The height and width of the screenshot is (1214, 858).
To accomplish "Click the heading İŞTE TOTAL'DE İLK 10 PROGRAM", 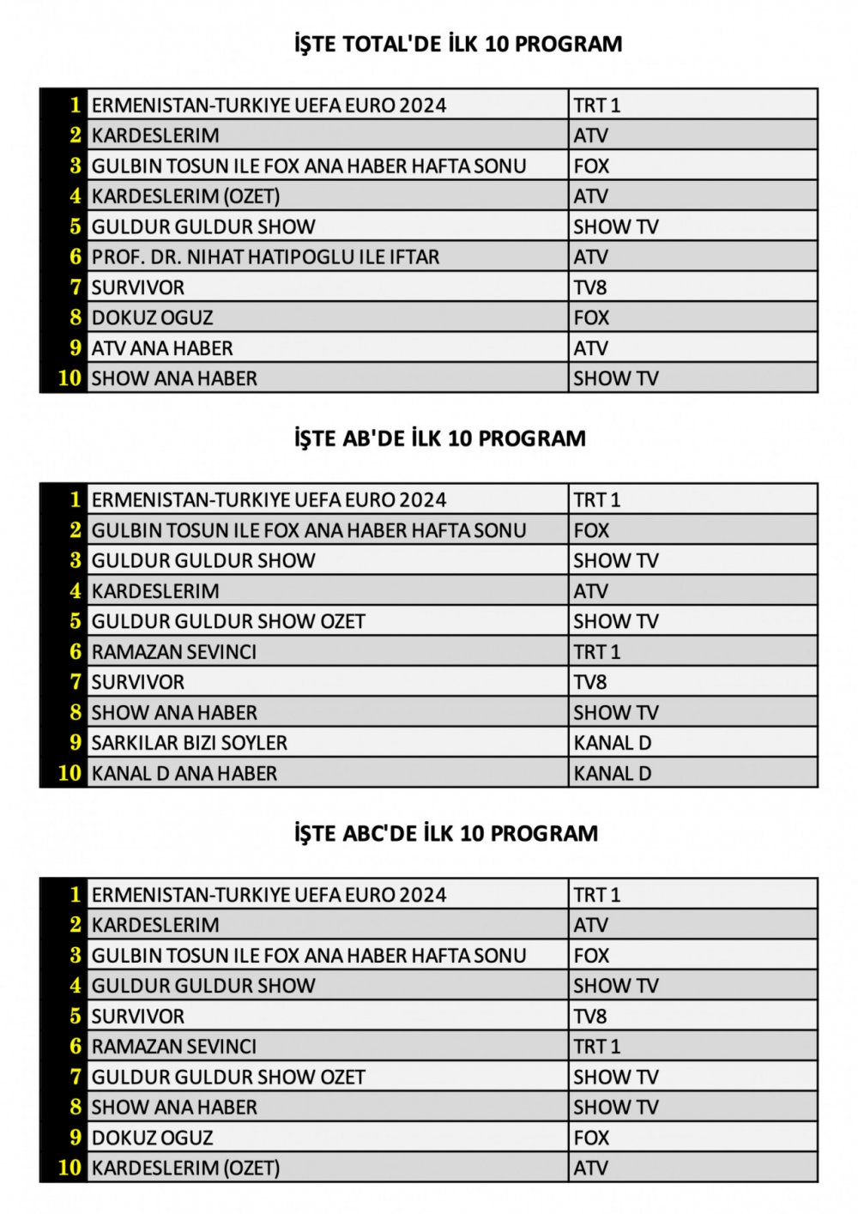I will point(458,44).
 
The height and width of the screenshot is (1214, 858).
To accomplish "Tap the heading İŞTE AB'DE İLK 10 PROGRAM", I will point(440,438).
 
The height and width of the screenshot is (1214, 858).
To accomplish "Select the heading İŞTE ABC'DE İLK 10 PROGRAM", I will point(446,833).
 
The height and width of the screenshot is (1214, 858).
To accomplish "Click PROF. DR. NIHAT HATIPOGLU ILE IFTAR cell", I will point(265,257).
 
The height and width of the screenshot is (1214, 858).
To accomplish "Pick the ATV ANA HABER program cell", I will point(162,348).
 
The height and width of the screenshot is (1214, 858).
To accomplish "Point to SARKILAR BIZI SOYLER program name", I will point(190,743).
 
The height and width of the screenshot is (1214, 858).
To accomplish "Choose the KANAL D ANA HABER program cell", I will point(184,774).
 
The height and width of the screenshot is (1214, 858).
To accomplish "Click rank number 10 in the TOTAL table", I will point(69,378).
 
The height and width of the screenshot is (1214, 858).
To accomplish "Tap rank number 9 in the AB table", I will point(76,743).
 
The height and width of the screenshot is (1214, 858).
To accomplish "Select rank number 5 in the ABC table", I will point(76,1017).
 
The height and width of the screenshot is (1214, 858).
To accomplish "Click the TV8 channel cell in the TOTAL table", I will point(590,287).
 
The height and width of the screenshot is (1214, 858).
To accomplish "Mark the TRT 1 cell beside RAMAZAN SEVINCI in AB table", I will point(597,652).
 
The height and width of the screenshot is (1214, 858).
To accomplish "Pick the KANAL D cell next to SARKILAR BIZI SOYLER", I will point(613,743).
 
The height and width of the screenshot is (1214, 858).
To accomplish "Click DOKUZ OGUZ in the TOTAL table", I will point(152,318).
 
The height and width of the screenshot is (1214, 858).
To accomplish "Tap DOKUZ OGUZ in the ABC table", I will point(152,1138).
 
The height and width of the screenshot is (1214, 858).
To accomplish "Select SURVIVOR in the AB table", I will point(138,682).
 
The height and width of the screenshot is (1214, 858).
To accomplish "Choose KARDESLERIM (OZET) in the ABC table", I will point(185,1168).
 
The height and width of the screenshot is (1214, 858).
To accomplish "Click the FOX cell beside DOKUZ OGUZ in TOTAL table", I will point(591,318).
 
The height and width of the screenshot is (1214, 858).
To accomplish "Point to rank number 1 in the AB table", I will point(76,500).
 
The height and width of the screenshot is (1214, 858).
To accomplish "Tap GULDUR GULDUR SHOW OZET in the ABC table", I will point(228,1077).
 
